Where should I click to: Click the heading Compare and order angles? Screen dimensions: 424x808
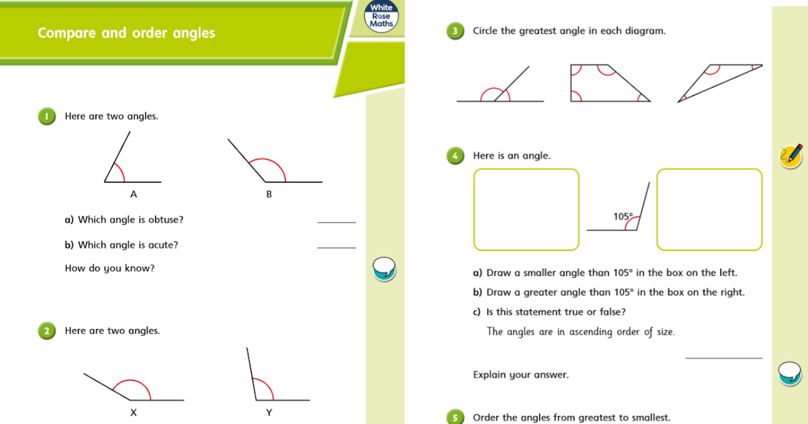point(127,33)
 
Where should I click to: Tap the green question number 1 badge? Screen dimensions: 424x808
point(46,116)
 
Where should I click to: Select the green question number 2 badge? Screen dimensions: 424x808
point(46,331)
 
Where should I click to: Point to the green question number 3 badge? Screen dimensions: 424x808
point(455,31)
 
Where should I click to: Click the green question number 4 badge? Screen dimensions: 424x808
point(455,156)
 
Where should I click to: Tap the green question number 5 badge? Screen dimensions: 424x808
point(455,417)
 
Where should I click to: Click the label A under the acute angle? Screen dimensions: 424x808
point(133,195)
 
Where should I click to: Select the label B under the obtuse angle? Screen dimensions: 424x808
point(269,195)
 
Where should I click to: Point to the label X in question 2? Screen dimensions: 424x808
point(133,413)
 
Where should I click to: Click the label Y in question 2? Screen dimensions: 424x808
point(269,413)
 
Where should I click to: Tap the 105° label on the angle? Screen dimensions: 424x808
point(623,217)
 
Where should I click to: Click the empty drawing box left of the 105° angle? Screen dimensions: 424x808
point(526,209)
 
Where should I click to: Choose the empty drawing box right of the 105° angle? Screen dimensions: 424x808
point(709,209)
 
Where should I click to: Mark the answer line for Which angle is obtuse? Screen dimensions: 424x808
point(336,221)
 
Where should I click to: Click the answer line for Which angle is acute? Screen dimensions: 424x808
point(336,247)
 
